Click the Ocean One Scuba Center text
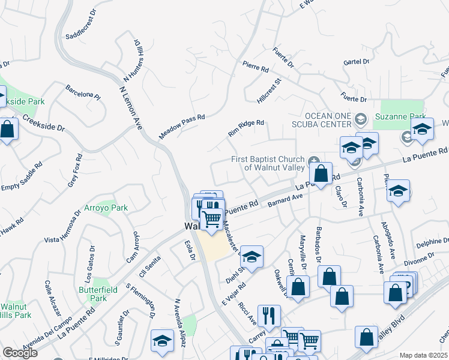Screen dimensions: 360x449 pos(328,119)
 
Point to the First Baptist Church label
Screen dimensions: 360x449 pos(269,163)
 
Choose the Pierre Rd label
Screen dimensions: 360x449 pos(256,67)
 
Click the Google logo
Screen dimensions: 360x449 pos(20,353)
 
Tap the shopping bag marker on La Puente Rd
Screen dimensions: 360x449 pos(322,174)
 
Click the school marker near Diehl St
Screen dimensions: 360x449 pos(252,257)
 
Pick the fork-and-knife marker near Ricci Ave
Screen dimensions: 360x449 pos(270,316)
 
